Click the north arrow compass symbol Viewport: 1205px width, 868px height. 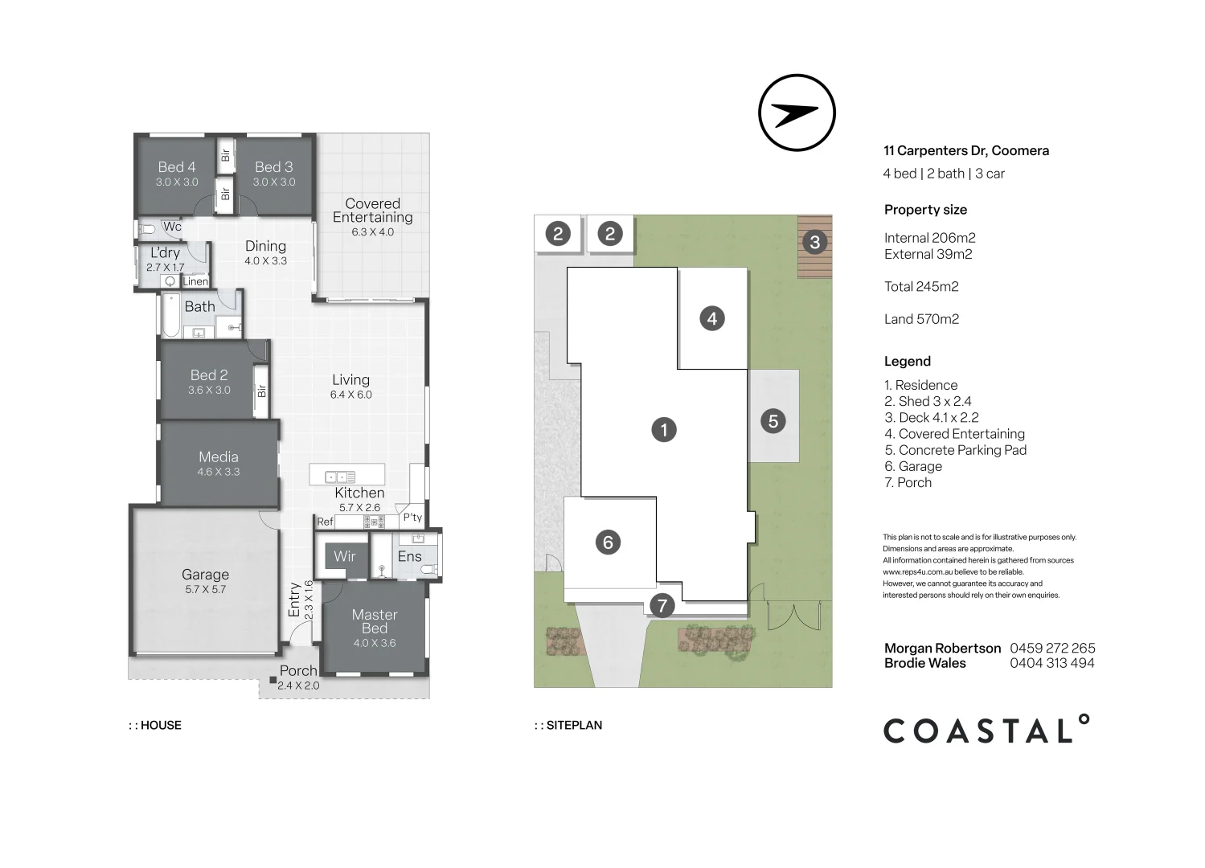(x=797, y=113)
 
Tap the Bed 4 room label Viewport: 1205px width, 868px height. (x=176, y=167)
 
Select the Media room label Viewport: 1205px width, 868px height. (x=219, y=457)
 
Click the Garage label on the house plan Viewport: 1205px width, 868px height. (x=205, y=575)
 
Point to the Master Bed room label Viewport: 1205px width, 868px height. (x=375, y=621)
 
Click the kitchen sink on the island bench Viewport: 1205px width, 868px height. (x=340, y=477)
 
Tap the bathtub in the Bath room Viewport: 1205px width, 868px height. (x=171, y=316)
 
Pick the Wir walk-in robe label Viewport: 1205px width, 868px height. (x=344, y=556)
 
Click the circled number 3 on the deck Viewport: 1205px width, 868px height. (x=814, y=242)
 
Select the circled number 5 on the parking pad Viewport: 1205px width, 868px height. (x=773, y=420)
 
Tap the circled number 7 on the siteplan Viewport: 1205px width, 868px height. (x=662, y=605)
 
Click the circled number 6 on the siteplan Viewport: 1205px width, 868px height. (x=608, y=542)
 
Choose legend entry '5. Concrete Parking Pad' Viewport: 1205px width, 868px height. (x=955, y=450)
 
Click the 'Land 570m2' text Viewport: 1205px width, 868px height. (x=921, y=319)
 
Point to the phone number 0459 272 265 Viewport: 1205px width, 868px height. (x=1052, y=648)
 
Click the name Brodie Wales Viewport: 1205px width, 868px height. (x=924, y=663)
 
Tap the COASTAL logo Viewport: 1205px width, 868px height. (x=986, y=730)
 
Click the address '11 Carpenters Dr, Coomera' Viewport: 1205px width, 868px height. (x=966, y=150)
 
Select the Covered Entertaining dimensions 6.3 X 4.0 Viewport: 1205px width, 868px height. (x=372, y=232)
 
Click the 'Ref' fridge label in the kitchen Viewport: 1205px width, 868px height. (x=325, y=522)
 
